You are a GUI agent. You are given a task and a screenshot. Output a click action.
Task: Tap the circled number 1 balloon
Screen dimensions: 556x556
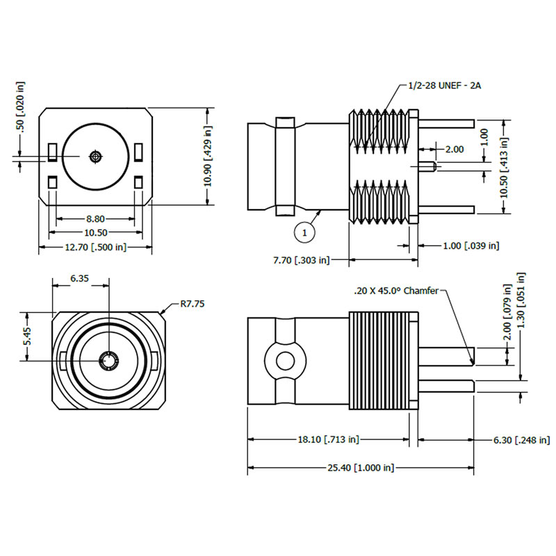coord(305,233)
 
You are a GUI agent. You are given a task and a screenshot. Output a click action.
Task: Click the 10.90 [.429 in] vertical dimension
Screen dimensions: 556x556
coord(207,156)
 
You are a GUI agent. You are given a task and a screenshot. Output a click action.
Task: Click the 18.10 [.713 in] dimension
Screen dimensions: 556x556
coord(329,439)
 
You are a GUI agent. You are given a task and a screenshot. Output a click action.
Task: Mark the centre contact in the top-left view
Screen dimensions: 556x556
coord(95,156)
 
